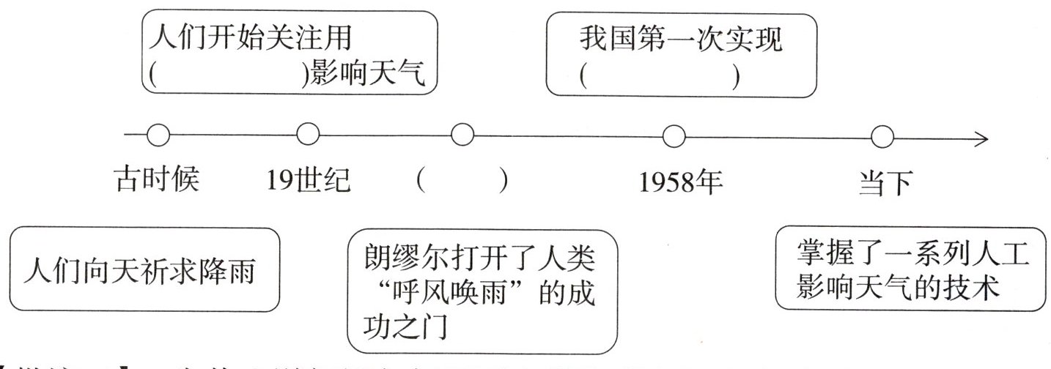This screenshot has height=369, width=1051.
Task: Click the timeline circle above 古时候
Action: (158, 135)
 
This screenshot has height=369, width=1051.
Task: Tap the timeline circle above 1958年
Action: (673, 135)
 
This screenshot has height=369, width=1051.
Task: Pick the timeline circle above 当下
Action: (882, 135)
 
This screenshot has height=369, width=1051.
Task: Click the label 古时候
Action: (157, 180)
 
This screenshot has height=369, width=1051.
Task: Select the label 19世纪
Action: (309, 180)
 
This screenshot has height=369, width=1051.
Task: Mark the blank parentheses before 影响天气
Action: (232, 76)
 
